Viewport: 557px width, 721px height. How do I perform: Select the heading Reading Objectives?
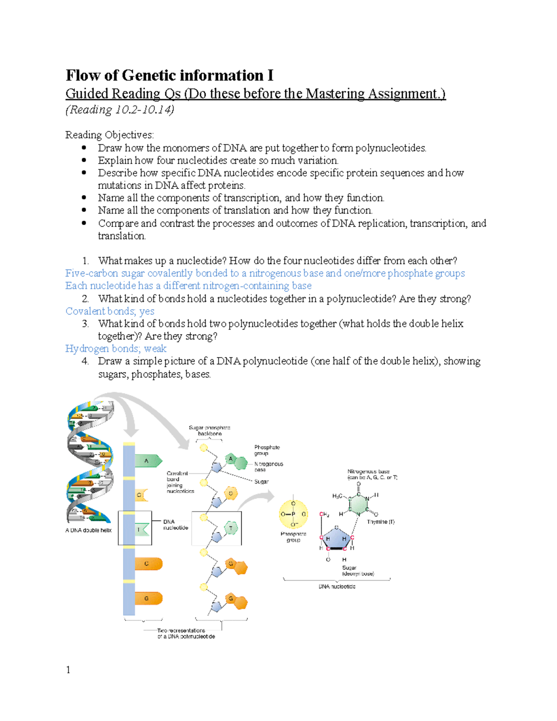click(x=109, y=135)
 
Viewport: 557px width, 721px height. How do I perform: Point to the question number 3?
click(x=85, y=324)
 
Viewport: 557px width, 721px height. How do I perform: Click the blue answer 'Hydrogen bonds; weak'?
click(x=116, y=349)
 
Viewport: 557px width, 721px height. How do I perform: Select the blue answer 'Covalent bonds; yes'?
click(x=110, y=311)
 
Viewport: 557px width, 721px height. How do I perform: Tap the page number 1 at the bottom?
click(x=68, y=669)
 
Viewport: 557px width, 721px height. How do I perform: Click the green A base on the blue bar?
click(x=148, y=461)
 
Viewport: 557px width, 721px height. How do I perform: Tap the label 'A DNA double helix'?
click(x=88, y=530)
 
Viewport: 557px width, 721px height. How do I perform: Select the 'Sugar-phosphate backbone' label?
click(x=209, y=430)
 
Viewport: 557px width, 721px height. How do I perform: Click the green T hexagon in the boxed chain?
click(x=231, y=528)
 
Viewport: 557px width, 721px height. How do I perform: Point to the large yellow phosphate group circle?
click(x=293, y=514)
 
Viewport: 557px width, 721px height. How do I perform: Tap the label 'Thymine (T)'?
click(x=381, y=522)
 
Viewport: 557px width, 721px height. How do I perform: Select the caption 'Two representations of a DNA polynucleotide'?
click(x=186, y=633)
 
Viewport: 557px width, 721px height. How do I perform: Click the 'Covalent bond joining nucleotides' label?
click(x=180, y=482)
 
